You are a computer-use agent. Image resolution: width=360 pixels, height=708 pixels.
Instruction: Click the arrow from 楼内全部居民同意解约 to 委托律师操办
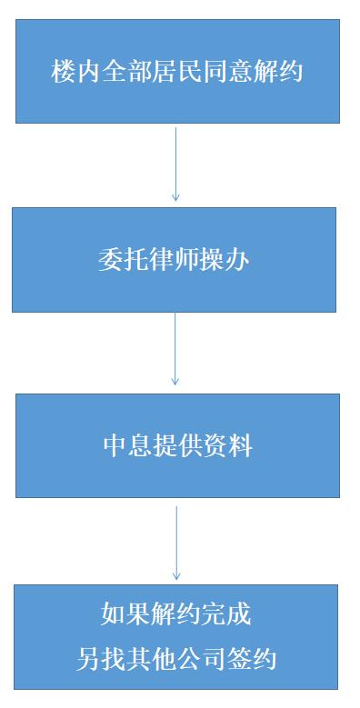click(x=175, y=164)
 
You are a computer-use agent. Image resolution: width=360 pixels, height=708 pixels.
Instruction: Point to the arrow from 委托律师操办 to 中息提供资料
click(x=175, y=349)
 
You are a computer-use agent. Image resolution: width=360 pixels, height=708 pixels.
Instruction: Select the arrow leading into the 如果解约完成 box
click(x=176, y=543)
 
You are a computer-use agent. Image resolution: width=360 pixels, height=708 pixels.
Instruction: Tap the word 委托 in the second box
click(x=122, y=260)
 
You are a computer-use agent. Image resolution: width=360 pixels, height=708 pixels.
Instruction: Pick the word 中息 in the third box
click(x=126, y=446)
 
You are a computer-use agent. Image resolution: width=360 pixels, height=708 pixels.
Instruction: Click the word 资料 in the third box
click(x=226, y=446)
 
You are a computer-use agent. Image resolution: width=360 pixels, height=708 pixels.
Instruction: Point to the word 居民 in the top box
click(x=177, y=72)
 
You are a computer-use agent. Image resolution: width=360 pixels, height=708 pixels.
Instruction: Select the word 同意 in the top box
click(x=227, y=72)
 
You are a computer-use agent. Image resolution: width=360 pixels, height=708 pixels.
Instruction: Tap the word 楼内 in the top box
click(x=76, y=72)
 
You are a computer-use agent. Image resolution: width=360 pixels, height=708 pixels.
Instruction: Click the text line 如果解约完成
click(x=175, y=614)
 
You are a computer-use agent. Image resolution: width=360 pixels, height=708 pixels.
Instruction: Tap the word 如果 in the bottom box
click(x=125, y=614)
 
